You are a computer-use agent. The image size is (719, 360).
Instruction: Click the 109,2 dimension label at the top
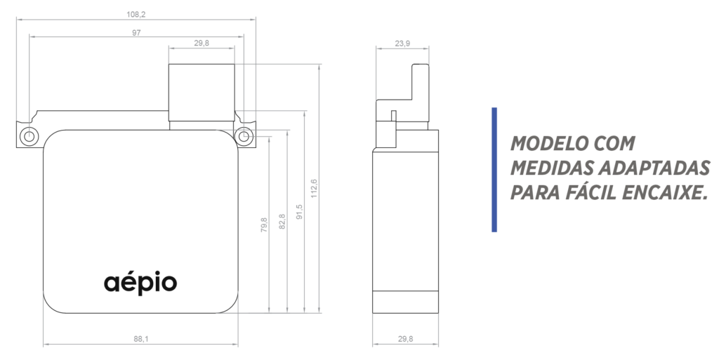click(136, 14)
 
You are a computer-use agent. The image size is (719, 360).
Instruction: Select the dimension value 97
click(136, 32)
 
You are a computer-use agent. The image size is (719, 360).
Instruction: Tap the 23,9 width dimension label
click(402, 44)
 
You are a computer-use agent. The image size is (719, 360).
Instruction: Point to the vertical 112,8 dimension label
click(314, 188)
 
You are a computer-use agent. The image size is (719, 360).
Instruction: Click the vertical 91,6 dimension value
click(299, 211)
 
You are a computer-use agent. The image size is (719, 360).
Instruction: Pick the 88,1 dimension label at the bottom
click(140, 339)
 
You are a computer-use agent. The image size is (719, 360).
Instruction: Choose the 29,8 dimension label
click(405, 339)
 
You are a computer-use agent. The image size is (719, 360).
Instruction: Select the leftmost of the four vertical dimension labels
click(264, 224)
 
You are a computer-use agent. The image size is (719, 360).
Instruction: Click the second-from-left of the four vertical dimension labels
click(282, 220)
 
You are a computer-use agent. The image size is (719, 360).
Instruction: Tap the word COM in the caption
click(614, 145)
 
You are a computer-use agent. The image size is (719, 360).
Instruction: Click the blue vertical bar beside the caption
click(494, 169)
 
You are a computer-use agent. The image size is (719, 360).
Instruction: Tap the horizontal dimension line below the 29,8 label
click(405, 345)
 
